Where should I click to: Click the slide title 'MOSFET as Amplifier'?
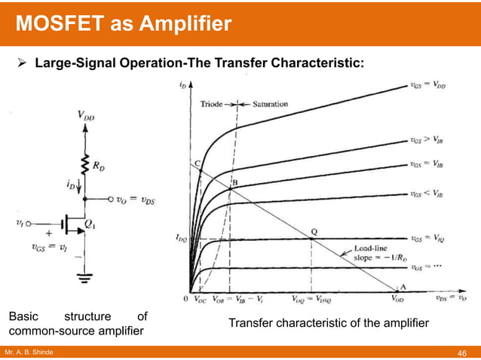tap(124, 24)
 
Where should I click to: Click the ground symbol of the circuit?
tap(84, 276)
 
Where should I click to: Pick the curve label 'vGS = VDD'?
tap(429, 88)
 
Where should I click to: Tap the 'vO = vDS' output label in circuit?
tap(133, 200)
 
